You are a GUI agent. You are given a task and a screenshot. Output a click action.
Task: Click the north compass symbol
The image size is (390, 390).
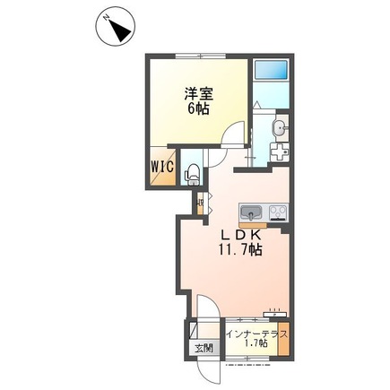[x=116, y=30]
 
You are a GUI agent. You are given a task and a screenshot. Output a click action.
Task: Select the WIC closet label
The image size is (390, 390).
[x=162, y=167]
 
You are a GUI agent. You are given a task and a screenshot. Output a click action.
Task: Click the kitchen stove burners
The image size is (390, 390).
[x=277, y=212]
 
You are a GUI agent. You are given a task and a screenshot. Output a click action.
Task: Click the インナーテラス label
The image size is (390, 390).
[x=256, y=334]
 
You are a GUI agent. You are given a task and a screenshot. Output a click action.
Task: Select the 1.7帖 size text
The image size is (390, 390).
[x=257, y=347]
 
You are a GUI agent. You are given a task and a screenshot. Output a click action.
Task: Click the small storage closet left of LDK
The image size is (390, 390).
[x=199, y=203]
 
